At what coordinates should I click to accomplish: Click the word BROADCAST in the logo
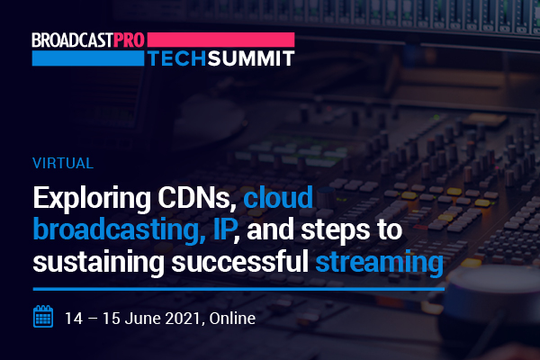[x=72, y=40]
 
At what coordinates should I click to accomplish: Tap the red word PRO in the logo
[x=129, y=40]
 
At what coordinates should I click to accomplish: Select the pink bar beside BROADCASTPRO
[x=220, y=40]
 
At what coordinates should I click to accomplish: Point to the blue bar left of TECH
[x=88, y=58]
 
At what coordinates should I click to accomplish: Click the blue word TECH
[x=177, y=58]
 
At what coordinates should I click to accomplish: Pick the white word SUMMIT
[x=251, y=58]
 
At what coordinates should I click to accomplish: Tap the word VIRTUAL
[x=63, y=163]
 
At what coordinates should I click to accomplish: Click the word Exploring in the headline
[x=92, y=199]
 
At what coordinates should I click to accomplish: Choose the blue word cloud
[x=278, y=197]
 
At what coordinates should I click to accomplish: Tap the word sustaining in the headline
[x=99, y=264]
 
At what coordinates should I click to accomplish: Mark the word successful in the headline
[x=240, y=262]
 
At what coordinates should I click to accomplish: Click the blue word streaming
[x=380, y=264]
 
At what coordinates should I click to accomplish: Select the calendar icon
[x=43, y=316]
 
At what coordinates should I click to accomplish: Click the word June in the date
[x=143, y=318]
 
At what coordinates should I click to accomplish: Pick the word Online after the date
[x=232, y=318]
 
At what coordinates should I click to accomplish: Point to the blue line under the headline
[x=238, y=289]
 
